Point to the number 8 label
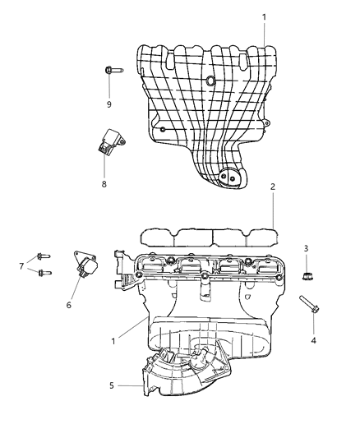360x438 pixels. [104, 183]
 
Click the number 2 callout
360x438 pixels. [273, 186]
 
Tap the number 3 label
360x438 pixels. [306, 248]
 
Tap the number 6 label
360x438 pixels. [69, 305]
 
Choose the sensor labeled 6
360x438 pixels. [85, 265]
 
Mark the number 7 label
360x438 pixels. [22, 265]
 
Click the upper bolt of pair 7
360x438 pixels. [41, 256]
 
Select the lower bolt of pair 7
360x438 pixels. [43, 273]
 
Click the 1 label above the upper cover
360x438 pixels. [264, 16]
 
